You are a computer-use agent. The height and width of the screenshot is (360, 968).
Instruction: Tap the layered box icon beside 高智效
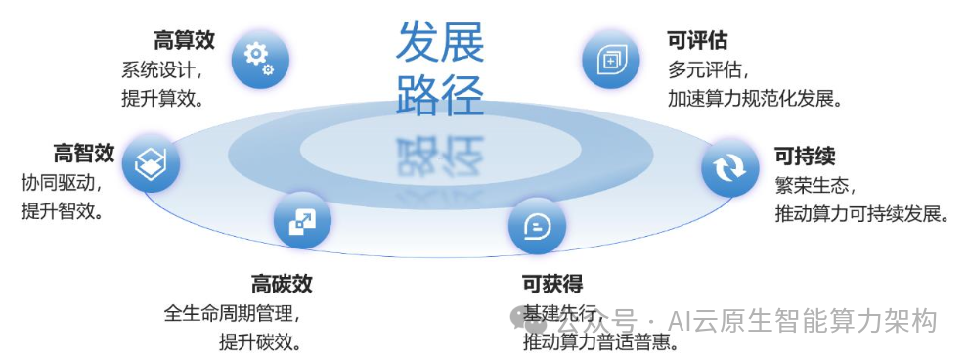pos(151,162)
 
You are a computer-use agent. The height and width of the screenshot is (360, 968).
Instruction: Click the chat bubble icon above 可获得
pos(537,227)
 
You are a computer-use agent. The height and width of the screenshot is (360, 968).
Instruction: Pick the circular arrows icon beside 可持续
pos(729,168)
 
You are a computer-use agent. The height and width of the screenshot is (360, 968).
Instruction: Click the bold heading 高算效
pos(184,41)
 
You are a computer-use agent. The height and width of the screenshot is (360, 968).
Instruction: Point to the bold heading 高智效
pos(84,154)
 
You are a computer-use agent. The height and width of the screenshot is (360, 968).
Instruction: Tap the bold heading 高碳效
pos(282,285)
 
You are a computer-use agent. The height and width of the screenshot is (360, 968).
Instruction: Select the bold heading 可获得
pos(553,285)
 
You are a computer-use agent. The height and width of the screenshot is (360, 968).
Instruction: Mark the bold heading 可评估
pos(697,41)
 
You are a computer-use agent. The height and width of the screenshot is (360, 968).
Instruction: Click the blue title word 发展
pos(439,42)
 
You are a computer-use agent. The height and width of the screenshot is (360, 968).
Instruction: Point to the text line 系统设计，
pos(161,70)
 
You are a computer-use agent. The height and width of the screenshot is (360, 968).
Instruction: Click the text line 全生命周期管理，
pos(232,315)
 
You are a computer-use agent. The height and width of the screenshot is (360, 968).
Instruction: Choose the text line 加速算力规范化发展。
pos(755,99)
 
